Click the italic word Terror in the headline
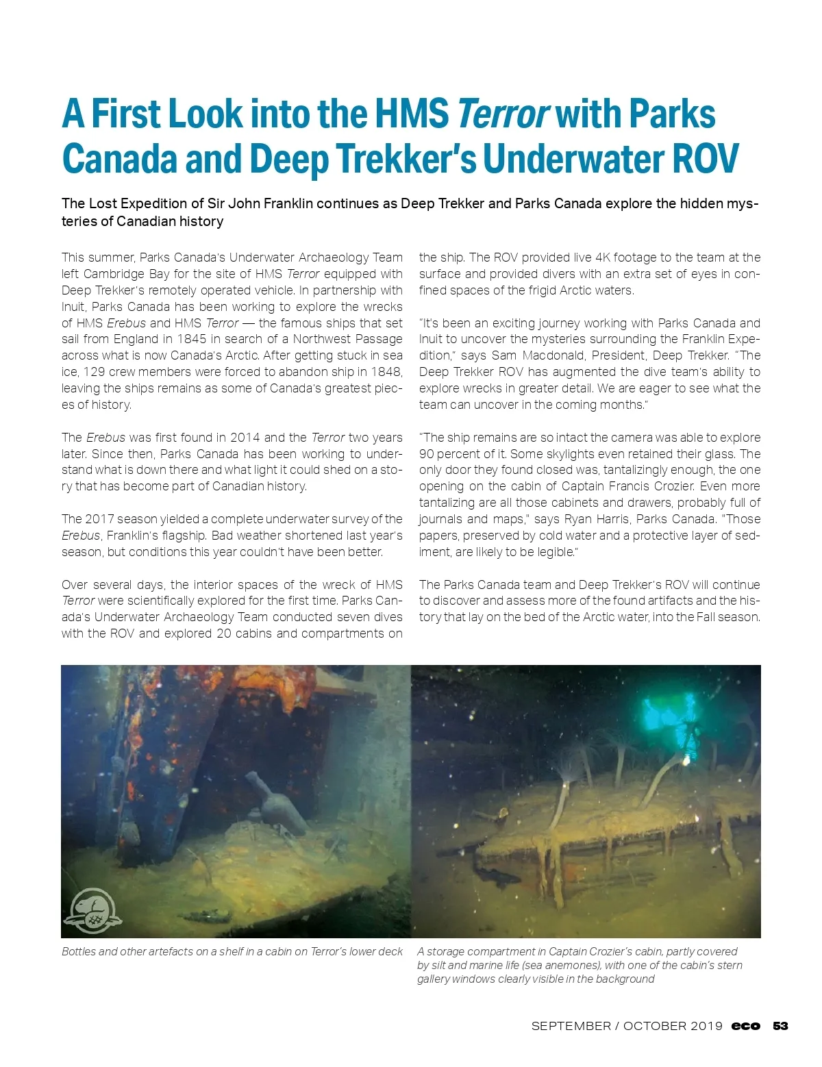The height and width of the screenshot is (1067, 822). (x=502, y=114)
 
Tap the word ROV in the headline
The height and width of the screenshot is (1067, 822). (x=706, y=159)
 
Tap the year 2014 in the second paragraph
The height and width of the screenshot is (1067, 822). (x=245, y=438)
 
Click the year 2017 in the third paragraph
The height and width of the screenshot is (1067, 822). (x=102, y=519)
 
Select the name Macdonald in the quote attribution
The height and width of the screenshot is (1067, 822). (x=555, y=355)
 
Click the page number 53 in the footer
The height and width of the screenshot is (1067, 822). (x=780, y=1026)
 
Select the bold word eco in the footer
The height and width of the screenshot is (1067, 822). (x=745, y=1026)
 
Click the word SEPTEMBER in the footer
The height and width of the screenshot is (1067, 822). (x=571, y=1026)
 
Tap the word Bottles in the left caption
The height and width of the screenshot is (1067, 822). (x=79, y=951)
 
